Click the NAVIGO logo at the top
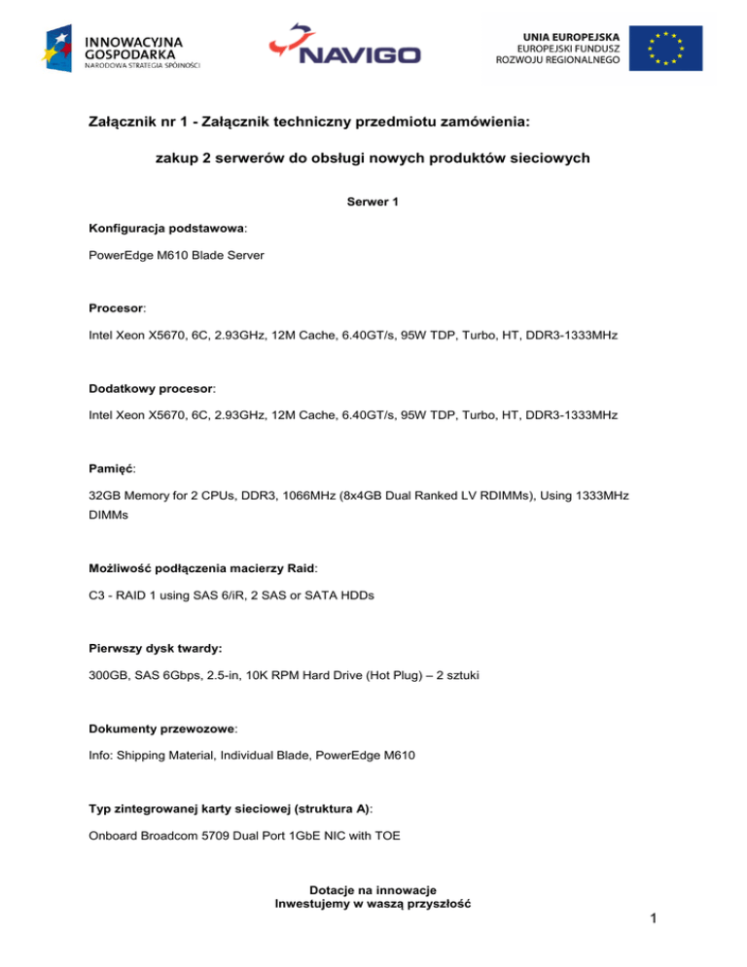pos(344,47)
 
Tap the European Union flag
pos(665,47)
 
